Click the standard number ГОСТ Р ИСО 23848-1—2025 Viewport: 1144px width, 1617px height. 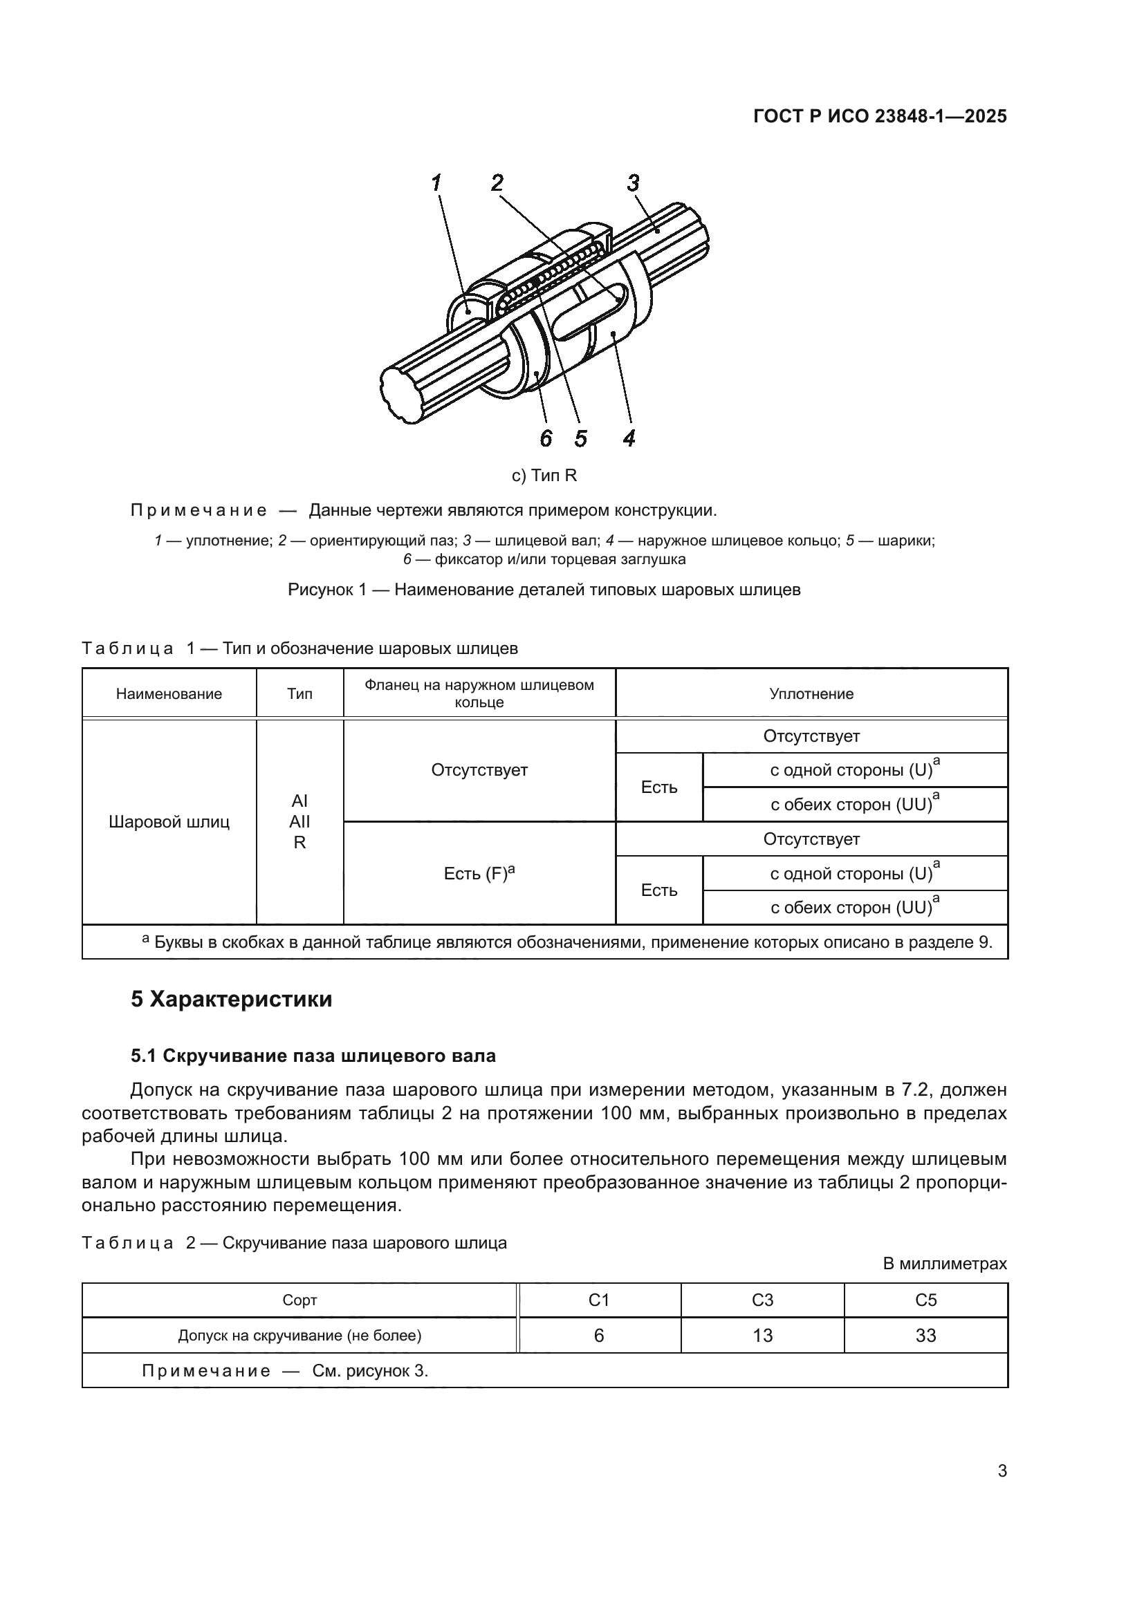[880, 117]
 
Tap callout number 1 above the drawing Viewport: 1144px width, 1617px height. [436, 183]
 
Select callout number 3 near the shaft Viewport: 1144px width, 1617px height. [633, 183]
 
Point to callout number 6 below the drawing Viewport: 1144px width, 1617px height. [546, 439]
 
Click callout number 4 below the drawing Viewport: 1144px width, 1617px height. [629, 439]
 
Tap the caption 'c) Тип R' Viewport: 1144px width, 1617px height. [544, 476]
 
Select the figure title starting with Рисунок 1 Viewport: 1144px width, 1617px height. [544, 590]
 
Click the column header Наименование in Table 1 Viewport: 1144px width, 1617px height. [169, 694]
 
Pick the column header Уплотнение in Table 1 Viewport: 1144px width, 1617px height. [811, 694]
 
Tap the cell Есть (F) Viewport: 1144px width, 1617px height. [479, 874]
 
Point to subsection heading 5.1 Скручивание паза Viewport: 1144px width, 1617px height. [313, 1056]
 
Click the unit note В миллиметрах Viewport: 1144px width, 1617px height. [945, 1264]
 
